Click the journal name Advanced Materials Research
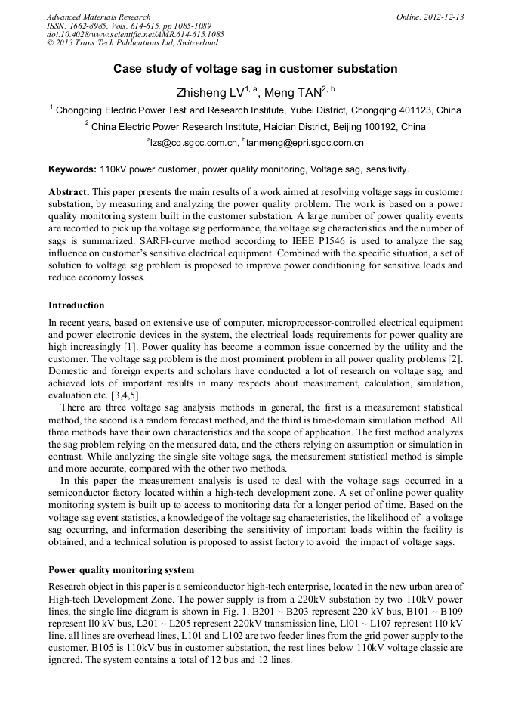tap(98, 17)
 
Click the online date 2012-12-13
tap(443, 17)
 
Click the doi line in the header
tap(135, 35)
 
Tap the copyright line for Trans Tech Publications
tap(132, 44)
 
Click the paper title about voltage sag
tap(255, 69)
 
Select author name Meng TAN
tap(293, 93)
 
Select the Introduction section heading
tap(76, 305)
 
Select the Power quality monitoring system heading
tap(121, 570)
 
